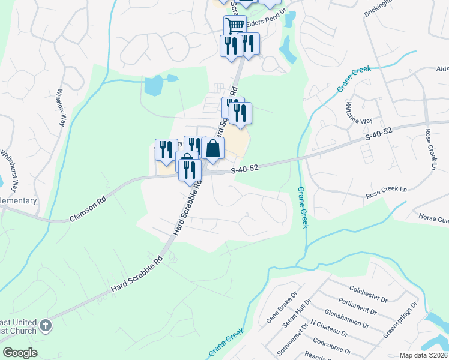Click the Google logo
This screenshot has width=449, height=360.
coord(20,353)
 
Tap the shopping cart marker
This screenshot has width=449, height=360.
coord(235,26)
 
